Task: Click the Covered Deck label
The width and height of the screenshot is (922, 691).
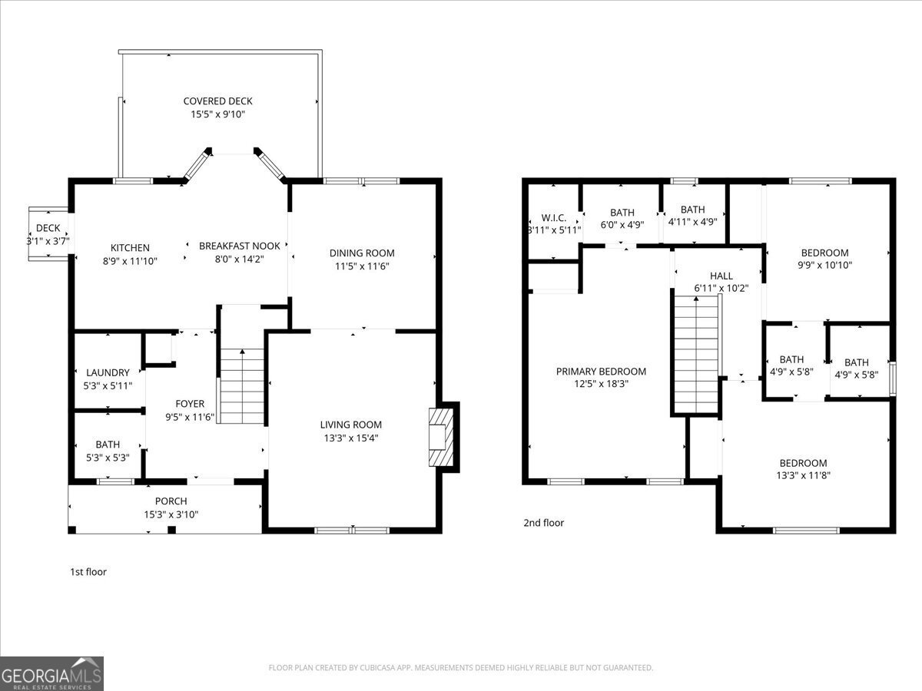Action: click(x=217, y=101)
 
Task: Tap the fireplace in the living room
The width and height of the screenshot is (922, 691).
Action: click(x=441, y=437)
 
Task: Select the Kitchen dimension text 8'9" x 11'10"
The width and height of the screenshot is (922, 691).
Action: click(x=130, y=260)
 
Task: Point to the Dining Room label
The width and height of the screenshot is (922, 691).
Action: click(x=362, y=253)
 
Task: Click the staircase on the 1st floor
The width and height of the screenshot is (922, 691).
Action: click(x=242, y=385)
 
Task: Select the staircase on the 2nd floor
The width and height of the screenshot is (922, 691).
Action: click(x=696, y=354)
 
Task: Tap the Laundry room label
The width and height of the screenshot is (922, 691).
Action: click(x=108, y=373)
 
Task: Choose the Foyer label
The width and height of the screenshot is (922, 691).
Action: click(x=190, y=404)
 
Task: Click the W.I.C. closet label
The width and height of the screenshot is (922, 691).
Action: click(x=553, y=218)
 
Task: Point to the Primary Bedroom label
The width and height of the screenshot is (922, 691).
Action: click(x=601, y=372)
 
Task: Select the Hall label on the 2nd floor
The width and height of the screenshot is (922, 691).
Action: click(x=721, y=276)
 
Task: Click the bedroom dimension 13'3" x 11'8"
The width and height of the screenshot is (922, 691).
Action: click(x=804, y=475)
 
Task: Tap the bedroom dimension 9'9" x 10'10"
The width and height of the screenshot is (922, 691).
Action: click(x=824, y=265)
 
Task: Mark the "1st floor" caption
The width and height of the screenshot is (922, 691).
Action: click(x=88, y=572)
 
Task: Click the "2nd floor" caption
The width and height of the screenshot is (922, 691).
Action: click(x=543, y=523)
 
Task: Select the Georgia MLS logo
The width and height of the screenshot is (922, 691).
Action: click(x=51, y=673)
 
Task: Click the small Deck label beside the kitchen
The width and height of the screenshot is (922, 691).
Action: click(x=48, y=228)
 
